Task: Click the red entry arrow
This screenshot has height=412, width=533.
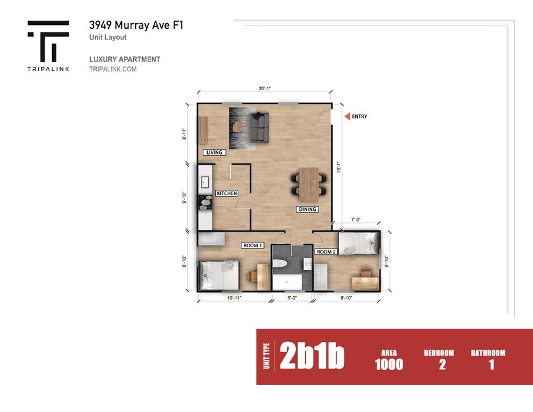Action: point(347,116)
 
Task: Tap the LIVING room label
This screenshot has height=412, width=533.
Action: point(214,152)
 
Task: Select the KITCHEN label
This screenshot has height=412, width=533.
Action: point(226,193)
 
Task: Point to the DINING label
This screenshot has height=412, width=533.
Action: point(307,209)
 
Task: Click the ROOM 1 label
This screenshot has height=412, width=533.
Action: point(253,245)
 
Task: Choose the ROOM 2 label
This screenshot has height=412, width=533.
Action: point(326,252)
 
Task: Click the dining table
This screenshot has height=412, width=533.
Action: point(308,184)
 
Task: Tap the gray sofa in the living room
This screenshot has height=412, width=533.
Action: point(260,127)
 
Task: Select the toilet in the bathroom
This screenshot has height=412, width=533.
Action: point(281,264)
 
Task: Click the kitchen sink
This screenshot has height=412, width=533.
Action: point(205,182)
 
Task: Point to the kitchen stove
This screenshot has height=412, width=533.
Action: point(205,202)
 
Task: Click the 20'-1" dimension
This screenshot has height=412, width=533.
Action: point(265,88)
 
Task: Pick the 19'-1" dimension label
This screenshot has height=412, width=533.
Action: point(338,167)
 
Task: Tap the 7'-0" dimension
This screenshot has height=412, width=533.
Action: point(355,219)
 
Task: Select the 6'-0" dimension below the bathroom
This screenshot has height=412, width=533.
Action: point(292,297)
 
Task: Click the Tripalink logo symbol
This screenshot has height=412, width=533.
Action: point(48,41)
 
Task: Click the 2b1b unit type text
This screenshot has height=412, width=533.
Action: point(312,356)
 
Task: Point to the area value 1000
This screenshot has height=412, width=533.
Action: point(389,364)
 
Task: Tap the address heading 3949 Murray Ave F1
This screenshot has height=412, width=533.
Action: point(136,25)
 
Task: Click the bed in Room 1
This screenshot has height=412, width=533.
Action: point(219,276)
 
